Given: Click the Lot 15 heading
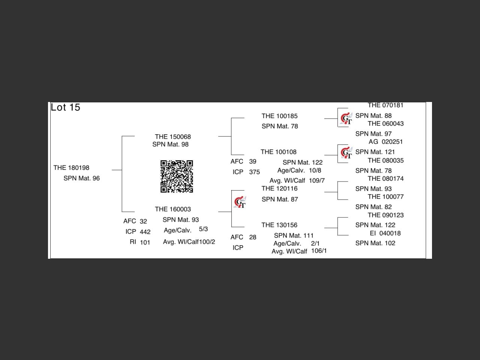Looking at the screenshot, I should click(x=66, y=108).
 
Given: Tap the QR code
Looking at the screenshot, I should click(x=177, y=176).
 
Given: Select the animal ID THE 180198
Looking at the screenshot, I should click(x=71, y=168).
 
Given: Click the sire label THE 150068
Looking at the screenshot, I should click(x=173, y=136).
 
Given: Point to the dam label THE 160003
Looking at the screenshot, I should click(x=173, y=209).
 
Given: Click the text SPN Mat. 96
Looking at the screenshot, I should click(x=81, y=178).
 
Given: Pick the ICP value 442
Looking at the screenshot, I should click(x=145, y=232).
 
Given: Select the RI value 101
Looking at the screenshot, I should click(x=145, y=242).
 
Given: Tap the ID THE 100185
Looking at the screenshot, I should click(x=279, y=116).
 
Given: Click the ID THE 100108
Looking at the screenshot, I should click(x=279, y=152).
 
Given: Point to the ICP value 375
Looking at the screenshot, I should click(x=254, y=172).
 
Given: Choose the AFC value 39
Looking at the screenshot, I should click(x=253, y=161).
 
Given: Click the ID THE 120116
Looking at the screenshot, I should click(x=279, y=188).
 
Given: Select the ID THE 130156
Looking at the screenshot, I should click(x=279, y=225).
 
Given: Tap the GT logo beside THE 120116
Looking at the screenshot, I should click(x=240, y=202).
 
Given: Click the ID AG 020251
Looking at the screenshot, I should click(x=385, y=142).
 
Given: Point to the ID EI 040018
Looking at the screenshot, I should click(x=385, y=233).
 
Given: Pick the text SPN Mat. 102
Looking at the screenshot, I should click(x=375, y=243).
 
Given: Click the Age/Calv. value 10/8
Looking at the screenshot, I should click(x=315, y=170).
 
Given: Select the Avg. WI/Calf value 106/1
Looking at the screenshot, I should click(x=319, y=250).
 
